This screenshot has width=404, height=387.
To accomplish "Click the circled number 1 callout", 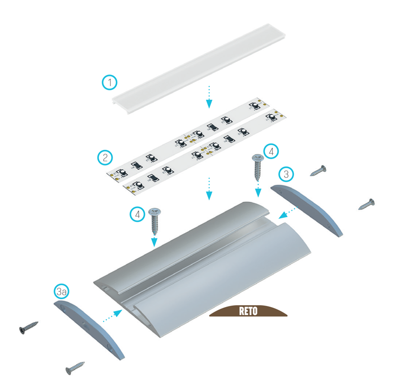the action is [x=110, y=82].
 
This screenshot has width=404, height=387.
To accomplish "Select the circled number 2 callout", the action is [x=105, y=157].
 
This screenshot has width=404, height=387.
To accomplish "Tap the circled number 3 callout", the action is [x=286, y=174].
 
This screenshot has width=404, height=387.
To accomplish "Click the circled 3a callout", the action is [x=61, y=292].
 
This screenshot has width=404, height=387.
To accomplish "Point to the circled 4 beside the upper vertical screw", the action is [x=271, y=151].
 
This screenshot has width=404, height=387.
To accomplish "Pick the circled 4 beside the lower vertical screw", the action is [x=137, y=214].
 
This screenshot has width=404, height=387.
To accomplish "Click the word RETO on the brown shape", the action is [x=248, y=311].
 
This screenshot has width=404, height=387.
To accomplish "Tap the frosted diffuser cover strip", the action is [x=199, y=68].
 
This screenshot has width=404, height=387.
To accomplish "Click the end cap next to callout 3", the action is [x=307, y=210].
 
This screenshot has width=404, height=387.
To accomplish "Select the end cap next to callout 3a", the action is [x=89, y=330].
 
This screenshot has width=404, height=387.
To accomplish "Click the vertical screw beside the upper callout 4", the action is [x=257, y=167].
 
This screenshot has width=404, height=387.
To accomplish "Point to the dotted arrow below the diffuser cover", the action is [x=209, y=97].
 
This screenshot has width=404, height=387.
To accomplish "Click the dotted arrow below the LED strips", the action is [x=209, y=189].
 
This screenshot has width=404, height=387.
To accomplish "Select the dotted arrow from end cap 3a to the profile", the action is [x=113, y=316].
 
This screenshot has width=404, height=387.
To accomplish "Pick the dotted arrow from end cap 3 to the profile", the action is [x=288, y=212].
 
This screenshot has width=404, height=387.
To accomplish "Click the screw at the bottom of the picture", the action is [x=75, y=368].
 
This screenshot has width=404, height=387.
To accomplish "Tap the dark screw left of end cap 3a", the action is [x=28, y=328].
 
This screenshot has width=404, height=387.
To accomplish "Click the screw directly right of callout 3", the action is [x=318, y=171].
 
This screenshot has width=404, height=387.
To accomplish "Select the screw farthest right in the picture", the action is [x=367, y=204].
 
